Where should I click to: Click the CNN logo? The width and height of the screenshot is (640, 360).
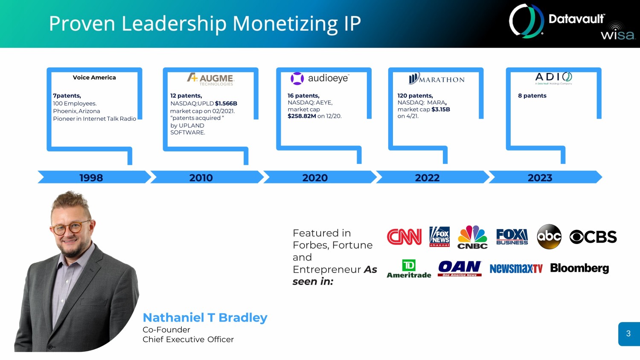tap(404, 237)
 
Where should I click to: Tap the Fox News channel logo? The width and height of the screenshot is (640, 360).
tap(439, 237)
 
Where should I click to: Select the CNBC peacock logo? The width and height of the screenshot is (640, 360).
tap(472, 237)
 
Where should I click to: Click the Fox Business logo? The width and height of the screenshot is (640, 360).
tap(512, 237)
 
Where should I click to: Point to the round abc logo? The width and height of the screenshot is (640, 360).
tap(549, 237)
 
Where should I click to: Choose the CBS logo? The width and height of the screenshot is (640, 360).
tap(593, 237)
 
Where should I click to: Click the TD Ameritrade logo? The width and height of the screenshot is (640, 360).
tap(409, 269)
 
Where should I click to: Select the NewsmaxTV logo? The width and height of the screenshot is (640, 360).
tap(516, 269)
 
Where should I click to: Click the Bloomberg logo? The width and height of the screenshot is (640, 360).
tap(579, 268)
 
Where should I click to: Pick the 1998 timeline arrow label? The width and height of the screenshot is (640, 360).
tap(91, 178)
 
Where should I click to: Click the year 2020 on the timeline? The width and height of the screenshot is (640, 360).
tap(315, 178)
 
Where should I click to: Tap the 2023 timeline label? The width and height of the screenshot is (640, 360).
tap(540, 178)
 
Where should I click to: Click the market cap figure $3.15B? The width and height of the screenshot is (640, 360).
tap(441, 110)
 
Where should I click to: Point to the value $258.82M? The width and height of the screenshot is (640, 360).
tap(302, 116)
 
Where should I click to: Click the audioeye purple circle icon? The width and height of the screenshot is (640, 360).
tap(297, 78)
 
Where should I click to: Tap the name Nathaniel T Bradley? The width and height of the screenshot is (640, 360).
tap(205, 317)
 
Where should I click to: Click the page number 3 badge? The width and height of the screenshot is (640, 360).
tap(629, 334)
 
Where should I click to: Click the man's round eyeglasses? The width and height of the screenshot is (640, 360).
tap(70, 228)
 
